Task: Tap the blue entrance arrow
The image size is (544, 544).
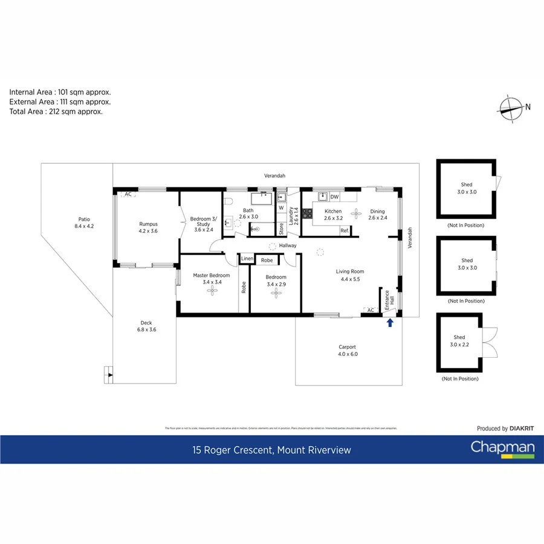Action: pos(390,323)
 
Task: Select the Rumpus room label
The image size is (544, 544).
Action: pos(148,227)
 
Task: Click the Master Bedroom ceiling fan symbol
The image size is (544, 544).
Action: pos(212,291)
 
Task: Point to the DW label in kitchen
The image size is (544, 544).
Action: pos(334,197)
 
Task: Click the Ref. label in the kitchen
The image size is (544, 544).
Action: pos(345,230)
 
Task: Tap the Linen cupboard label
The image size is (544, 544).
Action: pos(247,259)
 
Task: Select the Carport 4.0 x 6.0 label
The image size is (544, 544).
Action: pos(348,351)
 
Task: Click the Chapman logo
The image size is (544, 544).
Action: pos(502,448)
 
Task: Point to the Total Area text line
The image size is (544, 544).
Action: pos(56,111)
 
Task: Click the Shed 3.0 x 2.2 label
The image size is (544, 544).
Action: pos(459,341)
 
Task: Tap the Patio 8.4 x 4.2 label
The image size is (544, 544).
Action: pos(84,222)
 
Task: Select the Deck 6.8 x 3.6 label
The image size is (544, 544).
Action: pos(146,326)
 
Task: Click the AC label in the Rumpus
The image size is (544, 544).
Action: pos(128,195)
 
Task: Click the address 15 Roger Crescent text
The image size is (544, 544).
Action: pos(271,450)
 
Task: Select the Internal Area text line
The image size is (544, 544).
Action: pos(60,92)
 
